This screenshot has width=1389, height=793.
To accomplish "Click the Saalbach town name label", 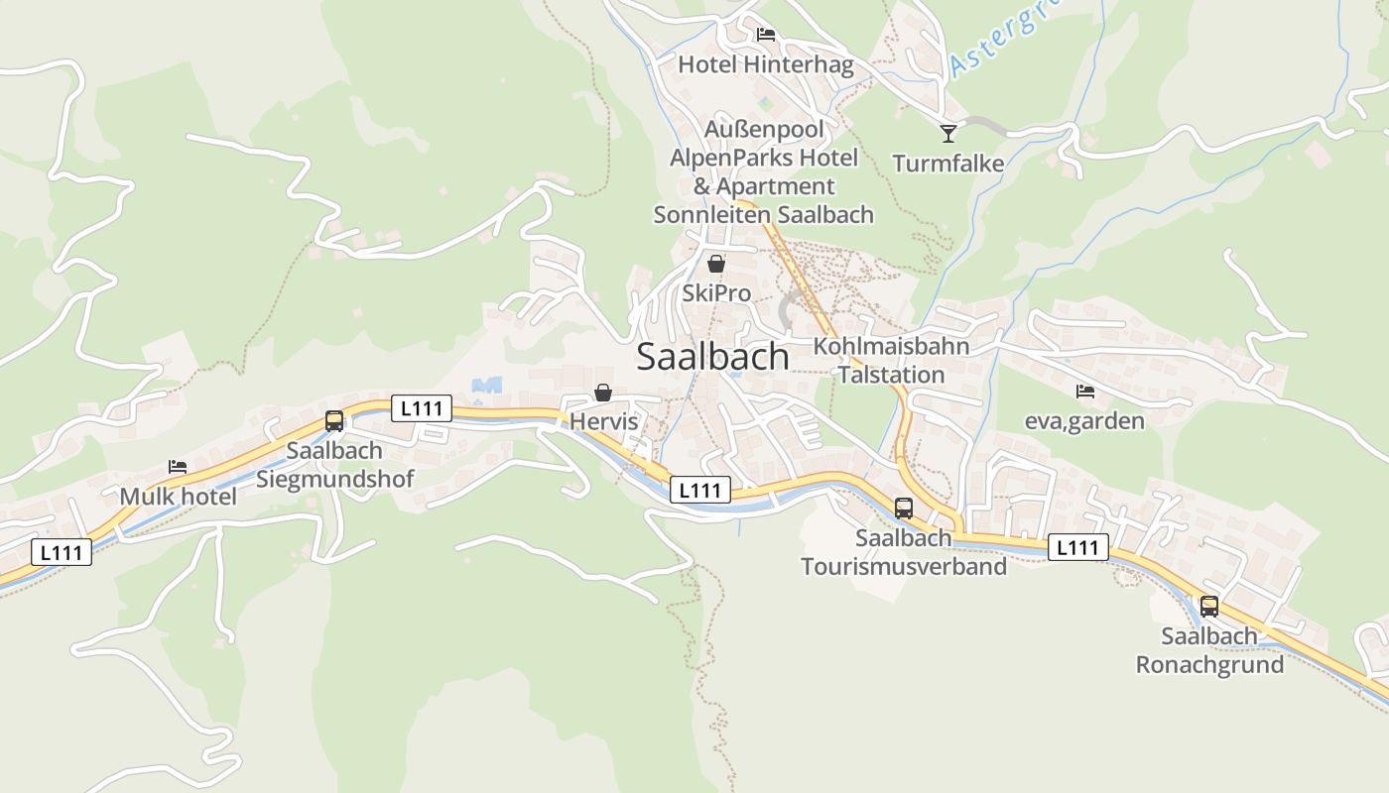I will [712, 357].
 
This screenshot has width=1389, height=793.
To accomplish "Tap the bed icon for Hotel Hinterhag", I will [765, 35].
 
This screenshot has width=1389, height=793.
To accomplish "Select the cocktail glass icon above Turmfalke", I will [948, 133].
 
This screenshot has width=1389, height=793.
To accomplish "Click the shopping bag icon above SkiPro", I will [715, 264].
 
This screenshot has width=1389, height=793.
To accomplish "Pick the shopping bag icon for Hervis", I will [602, 394].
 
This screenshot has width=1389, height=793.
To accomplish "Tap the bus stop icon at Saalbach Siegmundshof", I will [334, 420].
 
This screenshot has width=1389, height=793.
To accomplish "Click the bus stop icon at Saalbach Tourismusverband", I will [903, 509].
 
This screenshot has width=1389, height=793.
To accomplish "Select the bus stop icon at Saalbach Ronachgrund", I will [1208, 607].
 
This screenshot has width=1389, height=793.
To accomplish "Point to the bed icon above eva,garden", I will [1084, 392].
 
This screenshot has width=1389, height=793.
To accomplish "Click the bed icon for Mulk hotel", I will [178, 467].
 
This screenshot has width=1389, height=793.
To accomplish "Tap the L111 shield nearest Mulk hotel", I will [62, 552].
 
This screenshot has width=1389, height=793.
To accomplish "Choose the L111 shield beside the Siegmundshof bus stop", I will [422, 407].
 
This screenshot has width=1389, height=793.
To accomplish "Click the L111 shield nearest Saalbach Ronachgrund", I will [1077, 547].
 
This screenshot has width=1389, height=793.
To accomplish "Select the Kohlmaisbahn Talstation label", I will [891, 360].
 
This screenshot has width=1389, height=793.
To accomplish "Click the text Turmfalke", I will [947, 164].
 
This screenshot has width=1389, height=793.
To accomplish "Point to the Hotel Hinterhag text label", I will [765, 64].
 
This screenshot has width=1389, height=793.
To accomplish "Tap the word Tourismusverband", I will [903, 566].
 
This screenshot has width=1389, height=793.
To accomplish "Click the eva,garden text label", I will [1084, 421].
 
